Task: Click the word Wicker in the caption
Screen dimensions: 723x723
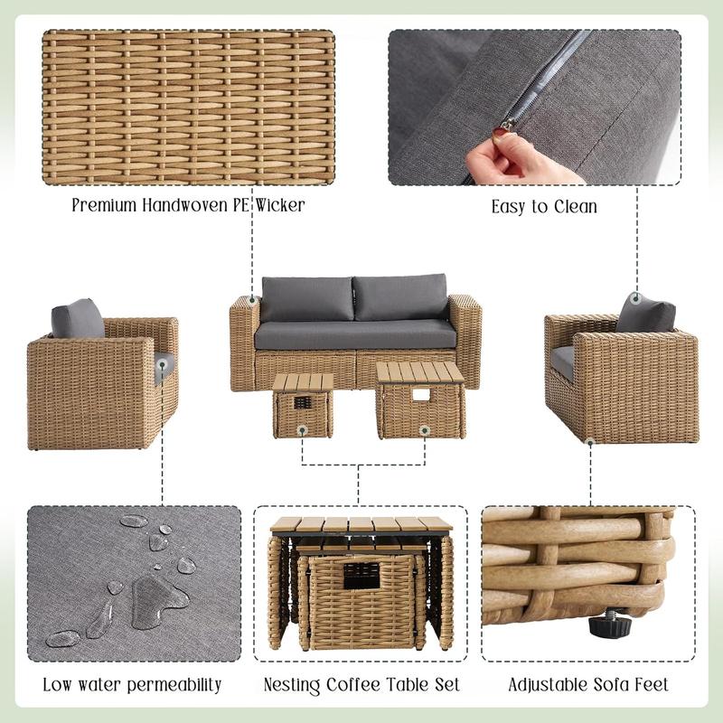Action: point(280,205)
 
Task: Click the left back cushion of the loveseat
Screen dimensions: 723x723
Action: point(306,299)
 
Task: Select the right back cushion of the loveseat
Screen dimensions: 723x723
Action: point(400,297)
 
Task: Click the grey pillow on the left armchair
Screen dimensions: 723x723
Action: point(78,319)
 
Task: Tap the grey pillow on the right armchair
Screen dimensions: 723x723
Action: point(645,314)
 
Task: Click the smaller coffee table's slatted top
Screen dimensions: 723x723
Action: point(303,381)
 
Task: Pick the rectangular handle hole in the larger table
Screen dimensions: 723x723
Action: point(421,395)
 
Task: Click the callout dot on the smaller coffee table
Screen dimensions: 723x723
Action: point(302,431)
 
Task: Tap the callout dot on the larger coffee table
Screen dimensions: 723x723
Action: point(425,431)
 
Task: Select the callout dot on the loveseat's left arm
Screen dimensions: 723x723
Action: point(252,301)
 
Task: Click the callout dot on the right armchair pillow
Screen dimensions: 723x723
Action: point(636,298)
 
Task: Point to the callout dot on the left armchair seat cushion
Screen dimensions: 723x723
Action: point(162,365)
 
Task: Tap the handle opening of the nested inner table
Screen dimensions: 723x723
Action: point(361,576)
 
